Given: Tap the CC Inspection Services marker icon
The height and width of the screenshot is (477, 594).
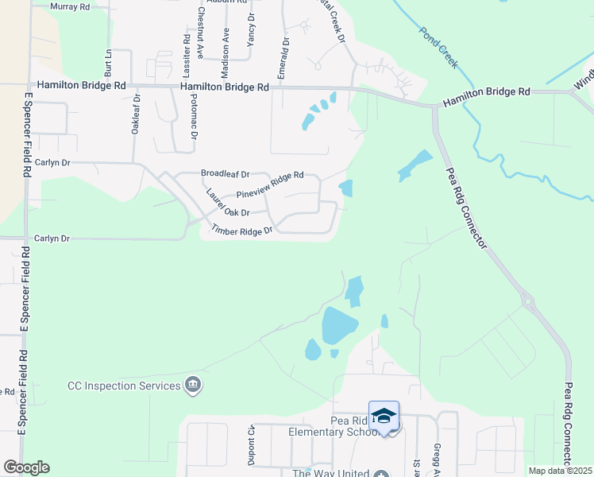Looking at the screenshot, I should pos(192,386).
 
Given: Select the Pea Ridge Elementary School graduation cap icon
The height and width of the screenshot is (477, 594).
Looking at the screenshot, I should pos(384,416).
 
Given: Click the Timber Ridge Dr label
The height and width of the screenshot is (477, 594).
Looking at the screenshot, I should pos(241,231).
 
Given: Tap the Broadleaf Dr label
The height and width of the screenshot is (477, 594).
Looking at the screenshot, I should pos(225,173).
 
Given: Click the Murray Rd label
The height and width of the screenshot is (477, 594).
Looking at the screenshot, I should pos(70,6).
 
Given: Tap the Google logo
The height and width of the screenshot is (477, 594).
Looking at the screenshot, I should pos(26,467).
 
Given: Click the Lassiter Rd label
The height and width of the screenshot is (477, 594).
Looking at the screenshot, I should pos(187,49).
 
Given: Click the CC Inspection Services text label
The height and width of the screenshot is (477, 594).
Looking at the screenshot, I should pos(124,386).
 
